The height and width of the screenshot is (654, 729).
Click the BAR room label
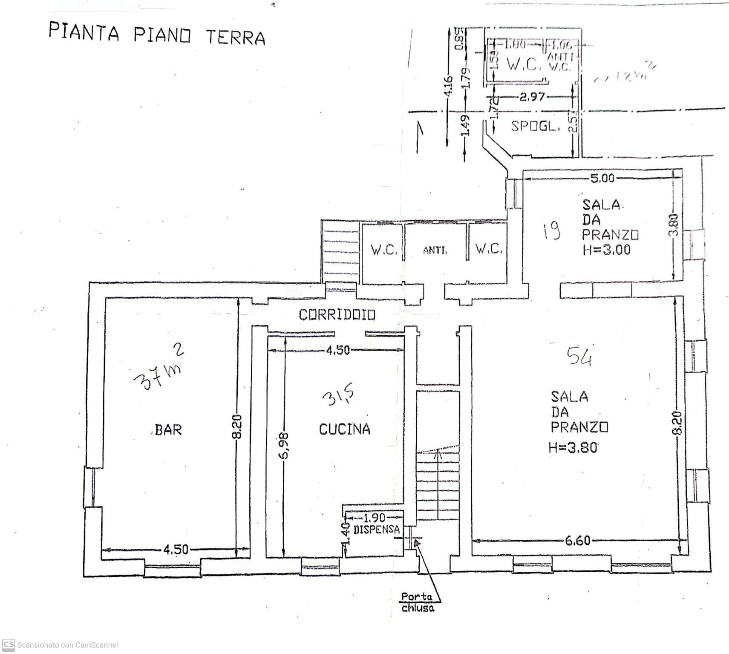[168, 429]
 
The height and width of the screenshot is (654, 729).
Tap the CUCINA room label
[344, 429]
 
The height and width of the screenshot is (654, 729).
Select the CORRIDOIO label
[337, 315]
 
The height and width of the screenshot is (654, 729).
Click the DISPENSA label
[377, 530]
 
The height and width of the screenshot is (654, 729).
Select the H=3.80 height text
[573, 447]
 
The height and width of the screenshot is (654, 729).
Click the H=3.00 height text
[606, 250]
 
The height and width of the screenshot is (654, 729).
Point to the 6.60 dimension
[577, 541]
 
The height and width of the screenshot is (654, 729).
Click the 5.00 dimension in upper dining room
[602, 178]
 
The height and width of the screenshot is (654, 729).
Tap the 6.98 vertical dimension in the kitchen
[285, 445]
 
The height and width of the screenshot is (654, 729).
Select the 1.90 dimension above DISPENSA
[374, 518]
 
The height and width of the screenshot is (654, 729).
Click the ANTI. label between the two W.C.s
[435, 251]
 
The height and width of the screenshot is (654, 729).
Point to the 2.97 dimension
[532, 97]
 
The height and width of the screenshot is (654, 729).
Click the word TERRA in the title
[236, 37]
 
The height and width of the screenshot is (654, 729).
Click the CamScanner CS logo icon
[8, 645]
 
